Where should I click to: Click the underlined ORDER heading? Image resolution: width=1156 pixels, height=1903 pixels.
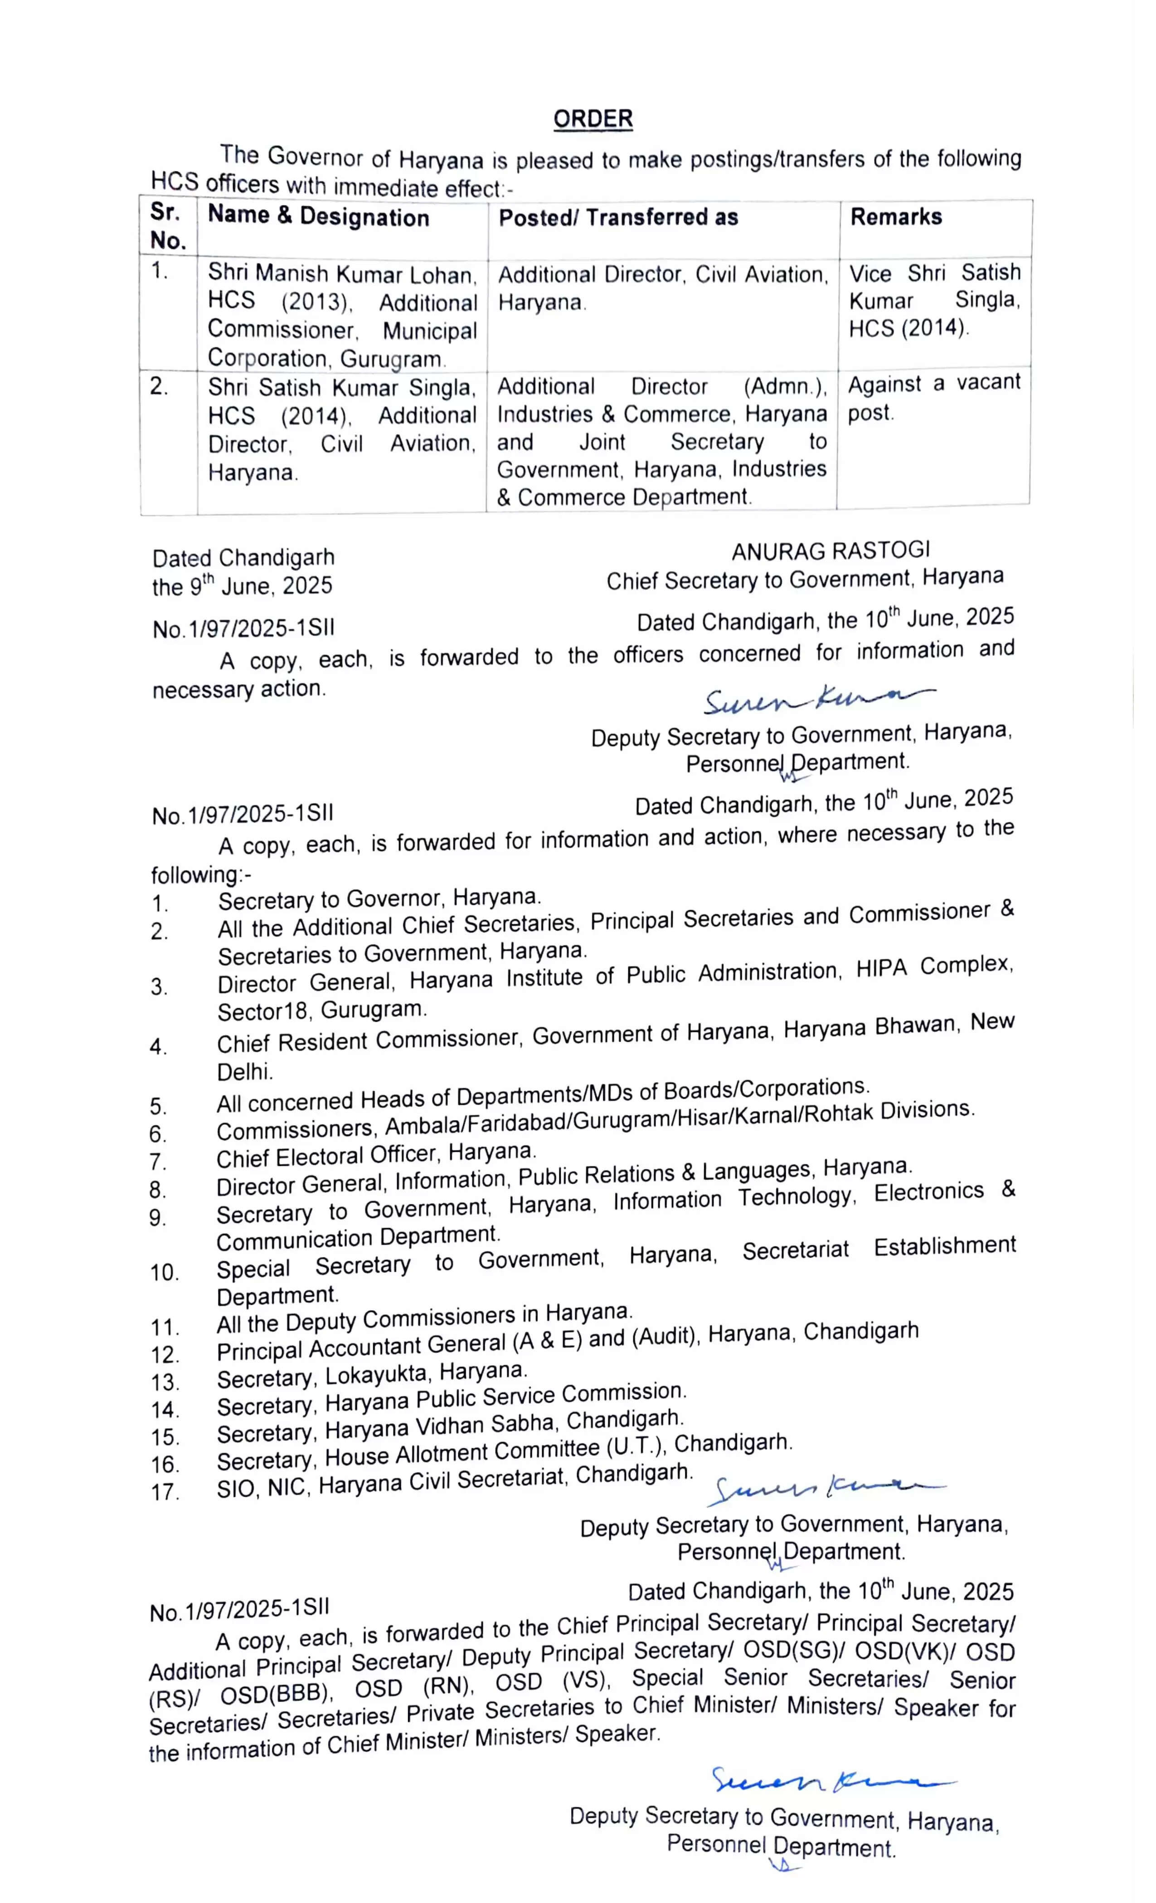(x=593, y=119)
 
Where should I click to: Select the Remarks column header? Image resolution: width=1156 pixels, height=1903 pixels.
(x=896, y=217)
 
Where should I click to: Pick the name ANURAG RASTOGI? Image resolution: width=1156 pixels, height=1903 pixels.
(x=830, y=551)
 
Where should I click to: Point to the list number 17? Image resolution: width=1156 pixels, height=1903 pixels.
(x=165, y=1491)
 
